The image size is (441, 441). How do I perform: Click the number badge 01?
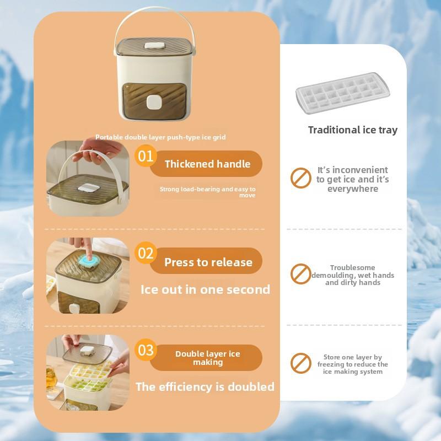tap(146, 156)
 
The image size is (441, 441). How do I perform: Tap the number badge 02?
tap(146, 254)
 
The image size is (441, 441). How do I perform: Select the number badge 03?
tap(146, 350)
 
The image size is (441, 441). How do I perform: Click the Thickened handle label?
tap(207, 164)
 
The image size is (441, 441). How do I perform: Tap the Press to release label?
tap(208, 262)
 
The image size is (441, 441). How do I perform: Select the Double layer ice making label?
tap(208, 358)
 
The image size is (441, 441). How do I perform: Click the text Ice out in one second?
tap(205, 289)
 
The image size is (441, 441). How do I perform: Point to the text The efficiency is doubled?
tap(205, 386)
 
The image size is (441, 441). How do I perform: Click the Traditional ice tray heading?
tap(353, 130)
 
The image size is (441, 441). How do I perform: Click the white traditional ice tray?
tap(342, 93)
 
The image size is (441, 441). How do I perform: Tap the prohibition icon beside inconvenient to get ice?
tap(300, 178)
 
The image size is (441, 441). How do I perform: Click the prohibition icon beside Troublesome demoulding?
tap(300, 273)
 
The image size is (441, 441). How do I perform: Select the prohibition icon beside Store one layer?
tap(300, 363)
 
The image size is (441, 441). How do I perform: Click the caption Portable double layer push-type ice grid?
tap(160, 137)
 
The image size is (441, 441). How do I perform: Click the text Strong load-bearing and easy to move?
tap(208, 192)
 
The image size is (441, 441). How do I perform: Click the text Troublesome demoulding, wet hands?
tap(352, 275)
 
